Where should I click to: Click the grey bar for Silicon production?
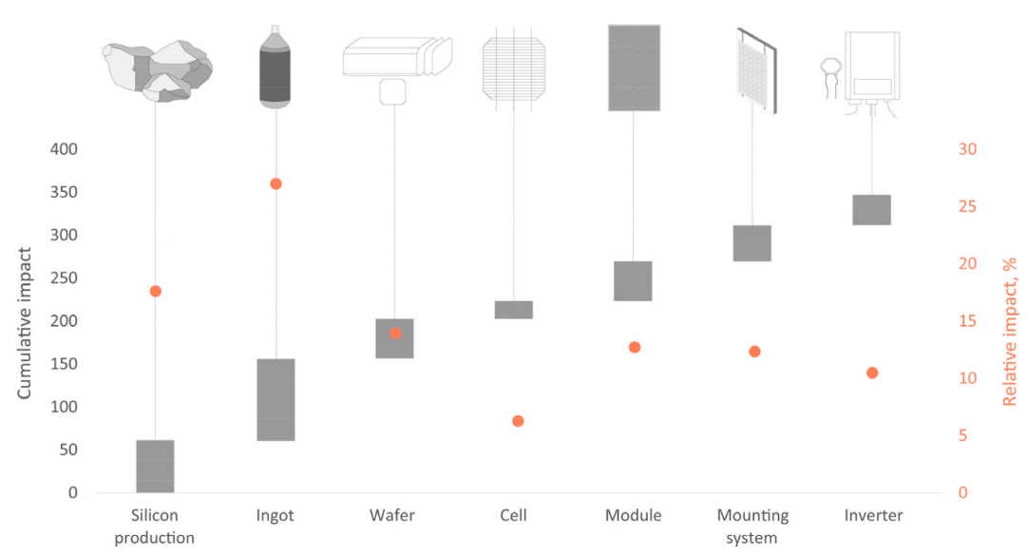(x=155, y=466)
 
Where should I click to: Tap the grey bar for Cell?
(x=514, y=309)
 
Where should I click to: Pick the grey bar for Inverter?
(x=871, y=209)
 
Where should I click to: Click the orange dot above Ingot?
(x=275, y=183)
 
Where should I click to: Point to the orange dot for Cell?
(x=518, y=421)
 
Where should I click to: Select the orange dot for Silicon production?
(x=156, y=291)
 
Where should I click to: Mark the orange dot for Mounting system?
(x=754, y=352)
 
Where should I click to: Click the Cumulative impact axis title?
(x=27, y=322)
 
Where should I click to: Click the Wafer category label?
(x=394, y=516)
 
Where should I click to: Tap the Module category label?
(x=633, y=516)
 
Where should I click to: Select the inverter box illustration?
(x=871, y=66)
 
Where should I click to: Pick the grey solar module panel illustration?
(x=634, y=67)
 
